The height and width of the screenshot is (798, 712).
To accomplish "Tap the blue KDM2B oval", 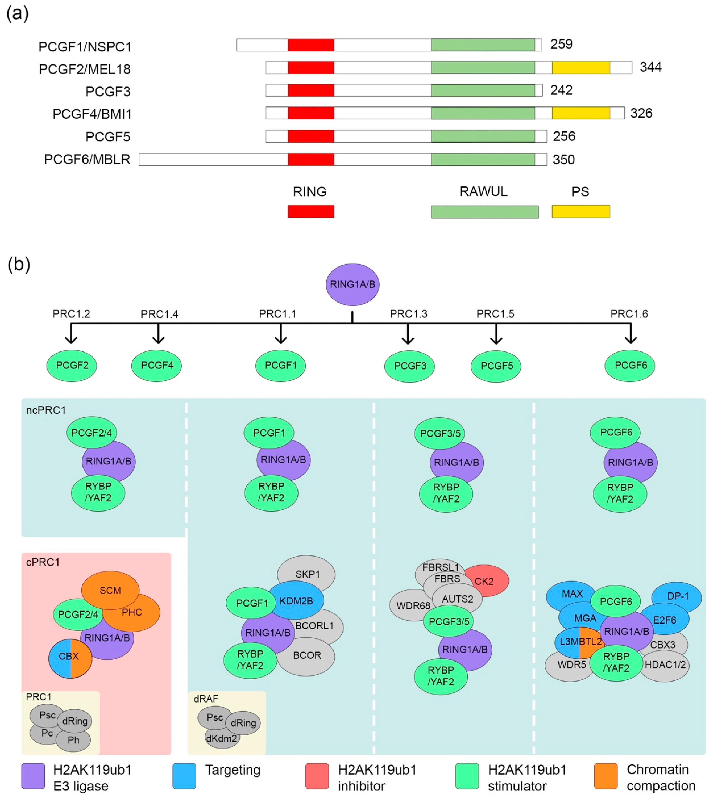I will [x=296, y=601].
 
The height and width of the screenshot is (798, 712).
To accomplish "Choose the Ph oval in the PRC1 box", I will [x=74, y=740].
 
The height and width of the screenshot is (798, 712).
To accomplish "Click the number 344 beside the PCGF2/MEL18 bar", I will [x=651, y=67].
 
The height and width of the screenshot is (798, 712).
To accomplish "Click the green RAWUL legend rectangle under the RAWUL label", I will [x=485, y=212].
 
